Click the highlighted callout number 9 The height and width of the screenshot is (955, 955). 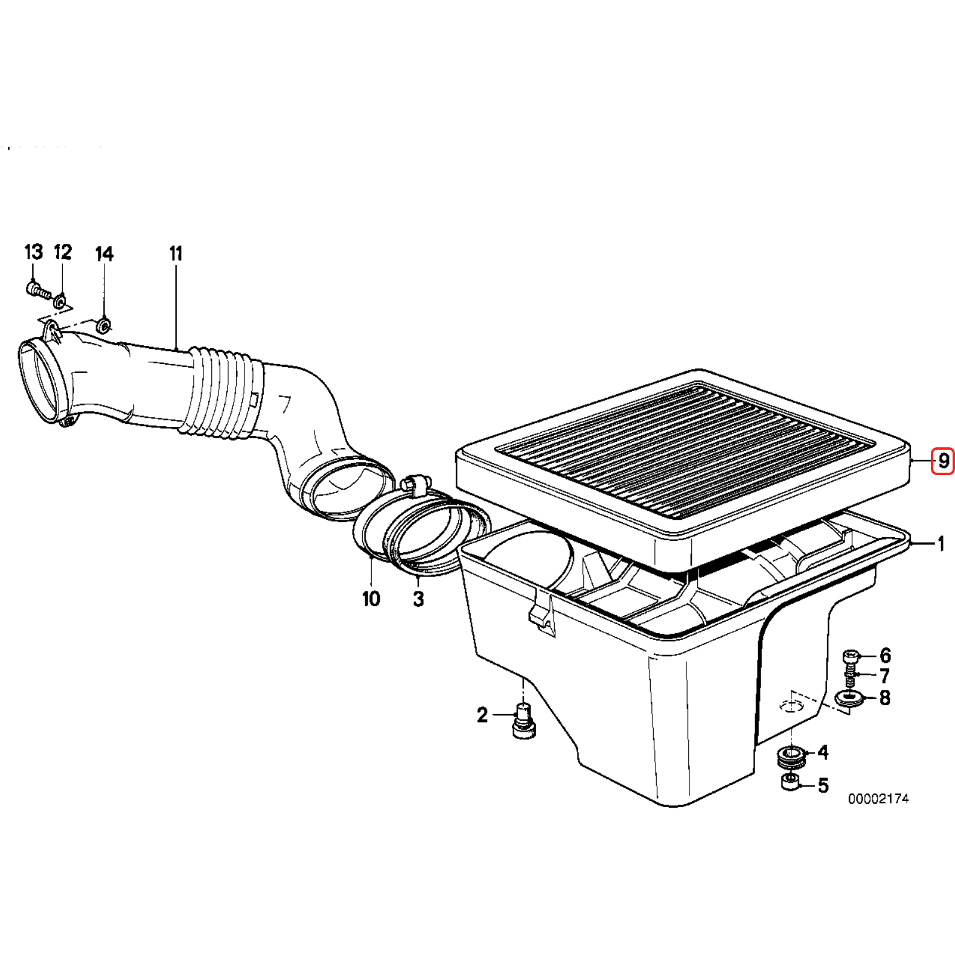[944, 462]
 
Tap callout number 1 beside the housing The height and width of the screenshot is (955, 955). [940, 544]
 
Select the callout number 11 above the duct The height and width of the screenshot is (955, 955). [176, 253]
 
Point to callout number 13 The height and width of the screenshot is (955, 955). [34, 252]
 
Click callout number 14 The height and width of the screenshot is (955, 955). [104, 254]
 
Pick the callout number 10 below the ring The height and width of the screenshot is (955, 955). [371, 599]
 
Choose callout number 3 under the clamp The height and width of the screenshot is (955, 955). [418, 599]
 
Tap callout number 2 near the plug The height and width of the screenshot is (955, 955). [482, 715]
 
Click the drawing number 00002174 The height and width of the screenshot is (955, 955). [878, 799]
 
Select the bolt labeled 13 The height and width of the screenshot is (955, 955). [39, 291]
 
